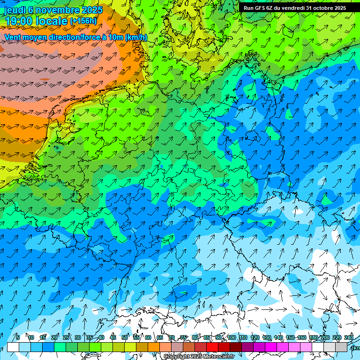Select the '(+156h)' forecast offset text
point(83,21)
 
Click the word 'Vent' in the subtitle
point(14,37)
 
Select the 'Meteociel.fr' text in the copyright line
point(218,357)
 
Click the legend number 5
point(18,338)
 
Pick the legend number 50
point(124,338)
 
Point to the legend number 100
point(231,338)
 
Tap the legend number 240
point(349,338)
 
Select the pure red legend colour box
point(212,347)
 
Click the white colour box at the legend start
point(13,347)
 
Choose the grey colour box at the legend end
point(341,347)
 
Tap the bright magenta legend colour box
point(271,347)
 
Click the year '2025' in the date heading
point(92,10)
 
